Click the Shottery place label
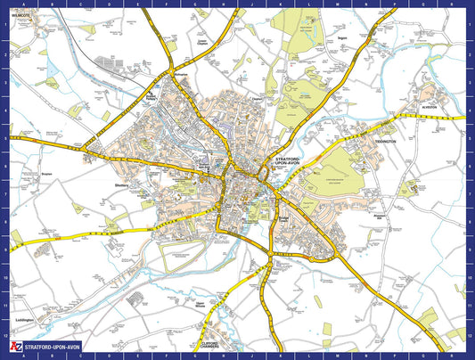(x=123, y=185)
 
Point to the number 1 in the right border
(x=470, y=24)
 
